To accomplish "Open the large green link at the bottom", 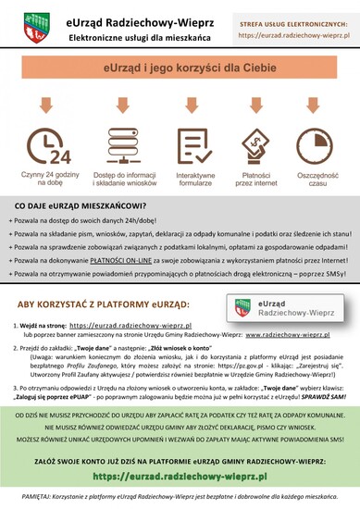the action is [180, 475].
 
